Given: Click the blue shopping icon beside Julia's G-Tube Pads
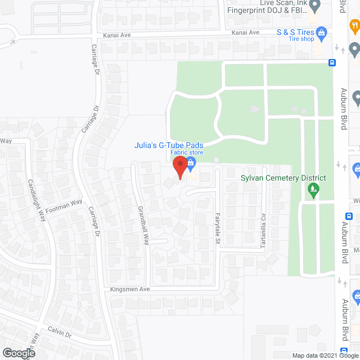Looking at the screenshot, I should click(x=191, y=164).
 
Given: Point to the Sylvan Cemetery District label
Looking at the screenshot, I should click(x=283, y=178).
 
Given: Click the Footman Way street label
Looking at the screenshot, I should click(x=64, y=205).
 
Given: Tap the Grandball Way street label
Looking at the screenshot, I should click(x=143, y=224).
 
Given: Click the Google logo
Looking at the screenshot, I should click(x=18, y=353).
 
